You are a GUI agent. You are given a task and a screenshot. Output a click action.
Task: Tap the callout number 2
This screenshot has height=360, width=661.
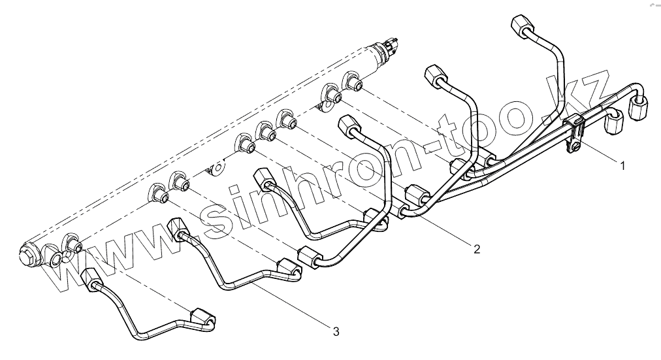pos(476,248)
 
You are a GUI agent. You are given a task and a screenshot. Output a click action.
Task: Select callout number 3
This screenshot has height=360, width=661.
pos(336,332)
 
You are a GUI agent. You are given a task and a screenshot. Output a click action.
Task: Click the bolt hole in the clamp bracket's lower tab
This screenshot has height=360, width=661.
pos(572,149)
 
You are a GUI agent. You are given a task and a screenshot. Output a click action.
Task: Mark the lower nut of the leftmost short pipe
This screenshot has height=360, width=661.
pos(202,316)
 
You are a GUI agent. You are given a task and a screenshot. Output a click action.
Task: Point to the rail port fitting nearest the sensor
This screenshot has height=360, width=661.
pos(355,84)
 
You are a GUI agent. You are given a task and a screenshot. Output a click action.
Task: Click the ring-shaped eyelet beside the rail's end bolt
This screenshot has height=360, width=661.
pos(55,262)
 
